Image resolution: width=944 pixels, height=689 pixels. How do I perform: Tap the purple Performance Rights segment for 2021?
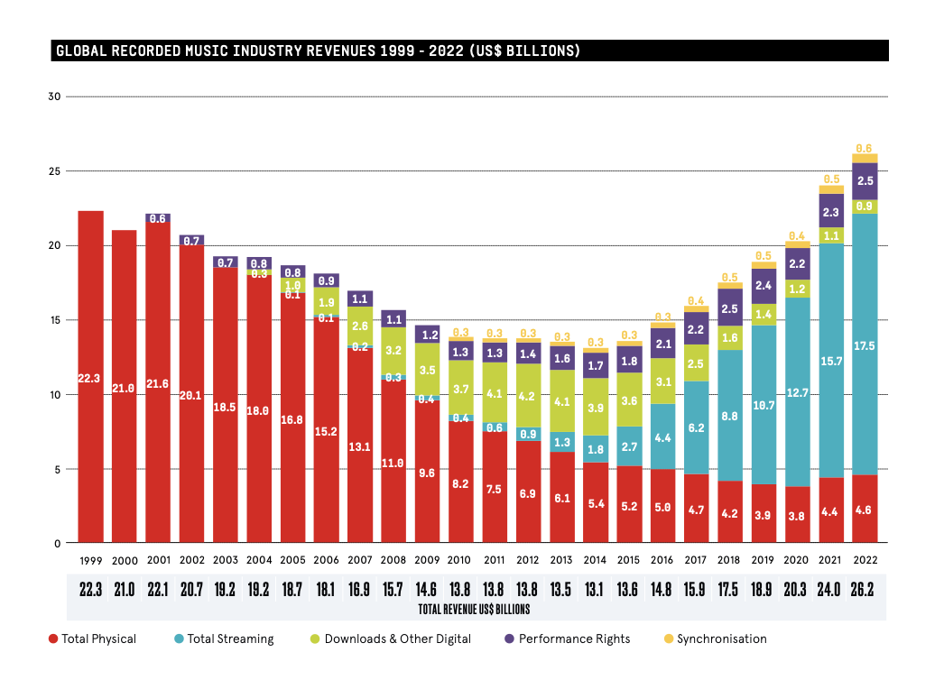[830, 211]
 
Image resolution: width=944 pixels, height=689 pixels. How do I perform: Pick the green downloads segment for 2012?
[528, 395]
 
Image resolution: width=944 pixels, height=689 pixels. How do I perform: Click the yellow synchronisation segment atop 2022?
[864, 158]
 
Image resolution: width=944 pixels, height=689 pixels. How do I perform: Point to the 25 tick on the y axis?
[53, 171]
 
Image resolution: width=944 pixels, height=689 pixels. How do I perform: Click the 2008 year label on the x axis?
[394, 560]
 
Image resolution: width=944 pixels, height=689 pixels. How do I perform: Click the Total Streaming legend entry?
[227, 638]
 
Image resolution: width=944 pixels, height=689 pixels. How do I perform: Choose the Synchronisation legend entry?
[721, 638]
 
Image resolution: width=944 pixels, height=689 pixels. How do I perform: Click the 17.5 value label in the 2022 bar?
[864, 345]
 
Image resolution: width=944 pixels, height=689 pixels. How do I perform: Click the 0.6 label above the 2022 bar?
[864, 148]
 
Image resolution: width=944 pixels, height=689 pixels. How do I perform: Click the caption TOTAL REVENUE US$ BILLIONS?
[474, 610]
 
